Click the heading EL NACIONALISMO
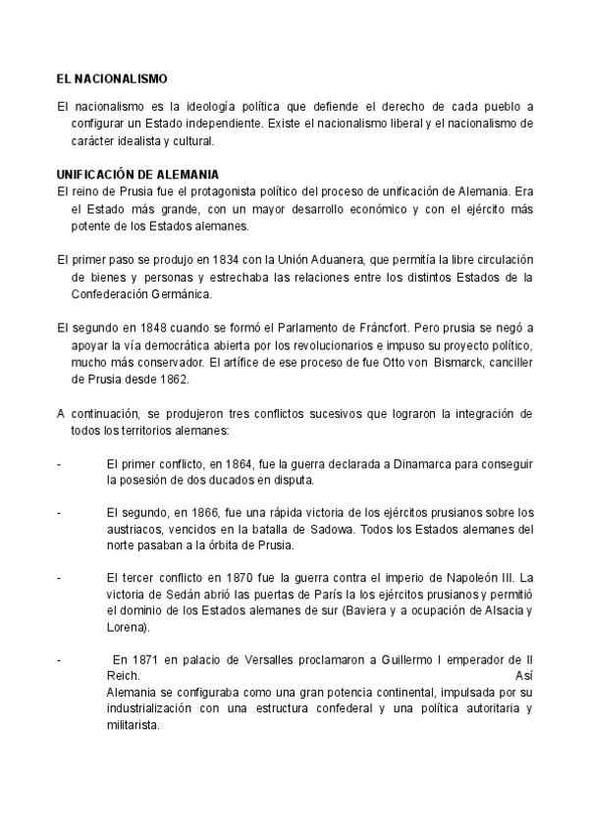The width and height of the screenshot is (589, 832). coord(113,78)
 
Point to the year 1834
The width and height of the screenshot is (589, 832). coord(214,259)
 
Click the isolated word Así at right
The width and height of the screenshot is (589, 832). coord(524,676)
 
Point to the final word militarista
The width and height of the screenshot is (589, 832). coord(134,726)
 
